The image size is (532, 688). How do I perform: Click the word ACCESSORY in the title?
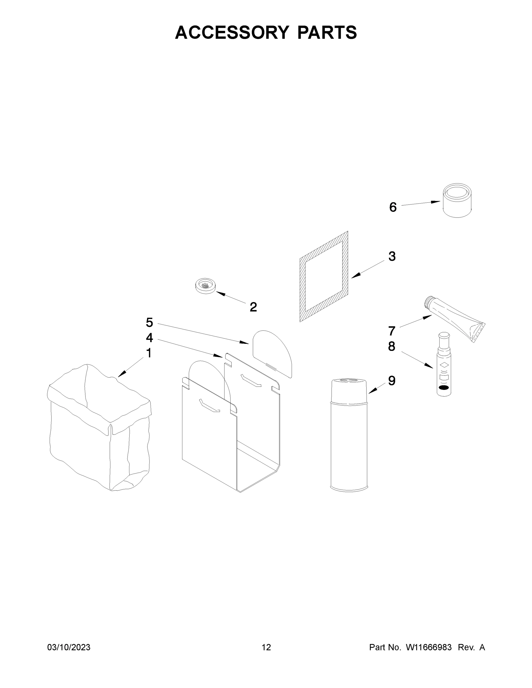[232, 32]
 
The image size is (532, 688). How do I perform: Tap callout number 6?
[393, 207]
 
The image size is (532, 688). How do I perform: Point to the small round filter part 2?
[205, 286]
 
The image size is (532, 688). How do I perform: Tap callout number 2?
[253, 307]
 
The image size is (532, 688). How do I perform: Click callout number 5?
[149, 322]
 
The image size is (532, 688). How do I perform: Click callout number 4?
[149, 338]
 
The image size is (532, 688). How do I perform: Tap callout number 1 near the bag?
[149, 353]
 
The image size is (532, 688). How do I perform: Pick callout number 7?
[391, 331]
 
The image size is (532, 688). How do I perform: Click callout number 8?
[391, 347]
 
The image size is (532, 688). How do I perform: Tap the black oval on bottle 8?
[443, 388]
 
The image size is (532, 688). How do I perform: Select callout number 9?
[391, 381]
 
